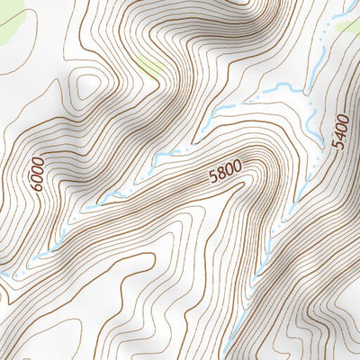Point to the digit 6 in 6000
click(x=38, y=186)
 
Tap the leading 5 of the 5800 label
click(x=212, y=175)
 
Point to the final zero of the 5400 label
click(x=339, y=118)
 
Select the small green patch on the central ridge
click(x=153, y=65)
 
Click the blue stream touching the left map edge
click(x=4, y=274)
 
